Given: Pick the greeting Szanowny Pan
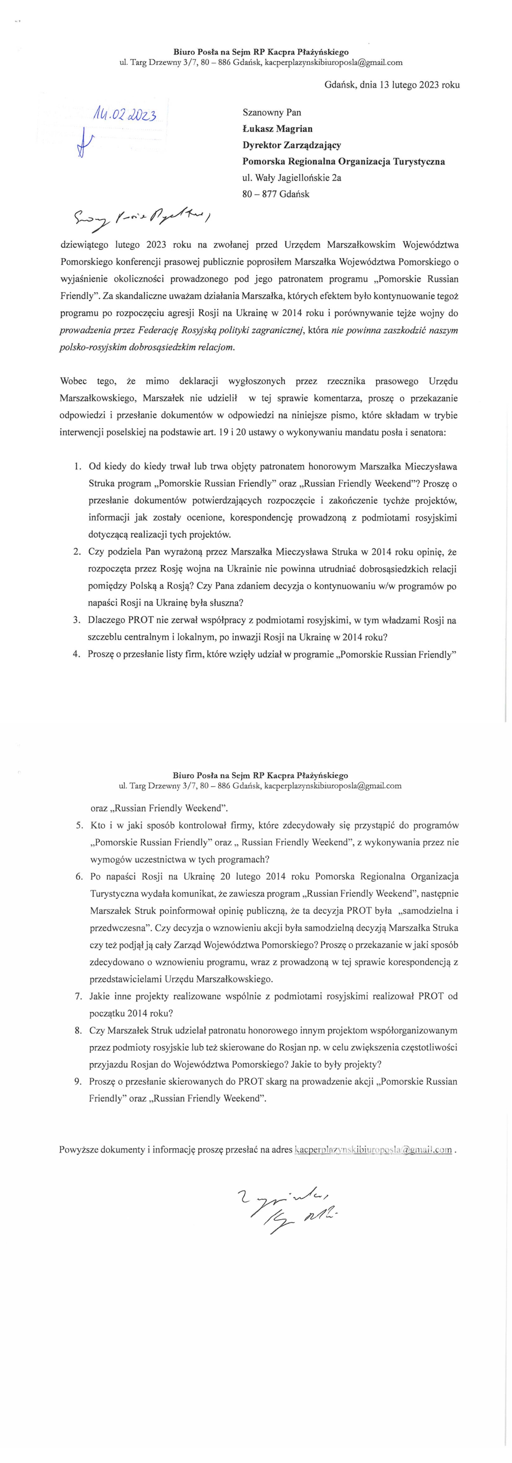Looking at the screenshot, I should coord(272,112).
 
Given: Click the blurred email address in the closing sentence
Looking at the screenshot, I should coord(373,1150).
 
